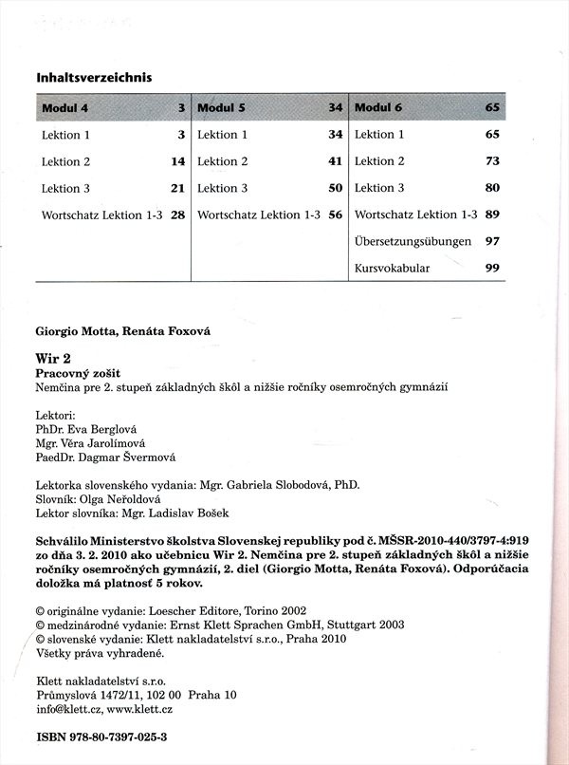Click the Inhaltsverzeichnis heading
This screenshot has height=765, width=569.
94,77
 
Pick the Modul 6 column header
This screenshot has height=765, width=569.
377,108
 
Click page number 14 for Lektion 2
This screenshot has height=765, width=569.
177,162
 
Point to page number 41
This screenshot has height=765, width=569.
335,162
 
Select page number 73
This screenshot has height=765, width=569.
492,162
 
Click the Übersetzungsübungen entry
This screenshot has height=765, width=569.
413,242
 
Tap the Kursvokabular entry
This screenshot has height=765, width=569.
392,269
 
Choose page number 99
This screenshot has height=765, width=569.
492,269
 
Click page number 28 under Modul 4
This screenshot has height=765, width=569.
177,215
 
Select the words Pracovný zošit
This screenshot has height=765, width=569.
79,373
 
